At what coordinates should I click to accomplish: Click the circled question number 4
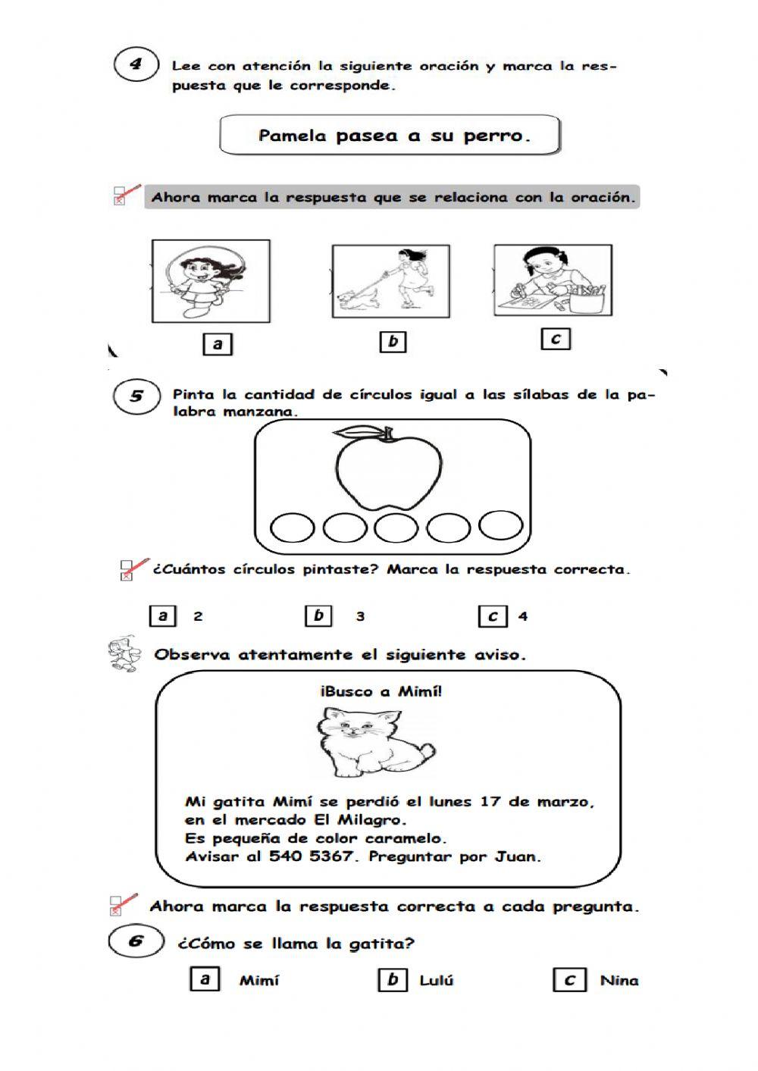click(x=136, y=64)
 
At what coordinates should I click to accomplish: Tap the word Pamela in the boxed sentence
click(x=292, y=136)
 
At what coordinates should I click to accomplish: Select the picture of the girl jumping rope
click(x=211, y=281)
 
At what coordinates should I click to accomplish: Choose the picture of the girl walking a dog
click(x=390, y=281)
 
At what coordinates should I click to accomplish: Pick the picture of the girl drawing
click(x=553, y=280)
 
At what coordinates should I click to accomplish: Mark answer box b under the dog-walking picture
click(x=393, y=342)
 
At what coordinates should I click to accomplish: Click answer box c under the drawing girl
click(x=555, y=339)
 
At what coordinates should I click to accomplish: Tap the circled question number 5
click(x=136, y=396)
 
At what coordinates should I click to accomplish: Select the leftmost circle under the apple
click(x=292, y=528)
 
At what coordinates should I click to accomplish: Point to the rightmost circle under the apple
click(x=501, y=525)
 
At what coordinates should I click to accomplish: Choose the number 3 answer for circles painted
click(x=360, y=616)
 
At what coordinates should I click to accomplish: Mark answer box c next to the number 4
click(x=493, y=616)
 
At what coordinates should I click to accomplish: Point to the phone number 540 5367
click(x=311, y=856)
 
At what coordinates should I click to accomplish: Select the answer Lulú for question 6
click(x=436, y=980)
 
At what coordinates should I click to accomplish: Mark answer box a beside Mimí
click(x=204, y=979)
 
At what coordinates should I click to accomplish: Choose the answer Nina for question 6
click(x=619, y=980)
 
